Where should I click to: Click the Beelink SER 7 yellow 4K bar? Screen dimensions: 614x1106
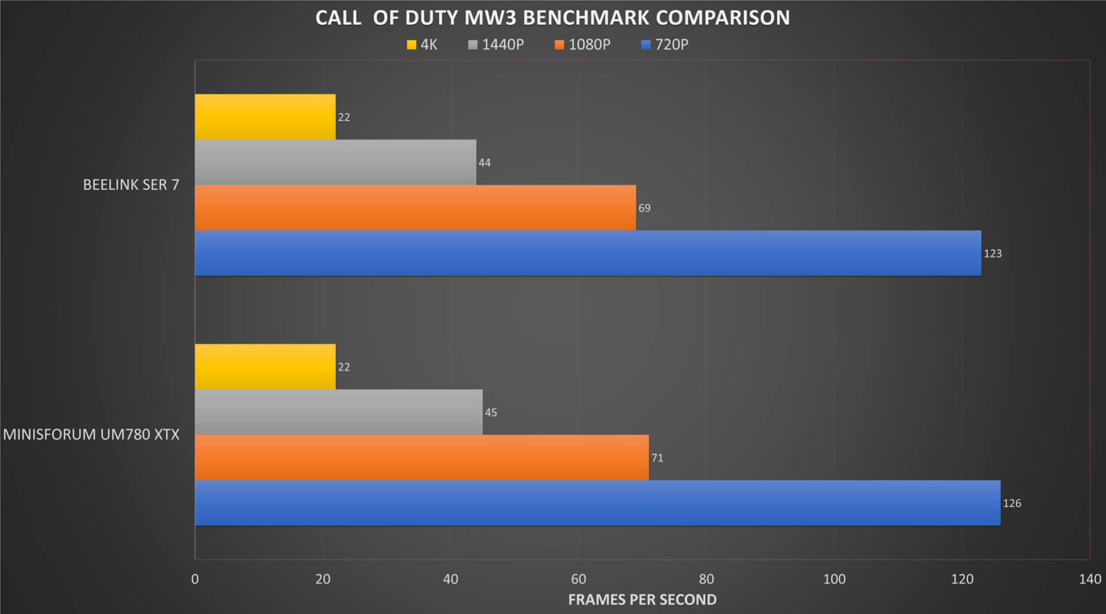click(x=265, y=117)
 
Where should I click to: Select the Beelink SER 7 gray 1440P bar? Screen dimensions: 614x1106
click(x=335, y=162)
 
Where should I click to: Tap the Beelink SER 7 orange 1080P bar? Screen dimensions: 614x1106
click(x=415, y=207)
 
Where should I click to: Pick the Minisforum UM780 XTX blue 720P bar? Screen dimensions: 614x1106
click(x=597, y=503)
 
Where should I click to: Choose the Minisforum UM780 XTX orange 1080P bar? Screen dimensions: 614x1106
click(x=422, y=458)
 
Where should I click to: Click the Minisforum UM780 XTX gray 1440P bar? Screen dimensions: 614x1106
click(x=339, y=412)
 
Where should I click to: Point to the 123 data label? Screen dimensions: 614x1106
click(x=993, y=253)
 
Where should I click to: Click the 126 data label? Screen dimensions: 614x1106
click(x=1012, y=503)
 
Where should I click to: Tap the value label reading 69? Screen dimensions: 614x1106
click(x=644, y=208)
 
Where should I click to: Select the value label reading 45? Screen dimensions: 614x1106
click(x=491, y=413)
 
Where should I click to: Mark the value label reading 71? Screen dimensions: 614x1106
click(x=657, y=458)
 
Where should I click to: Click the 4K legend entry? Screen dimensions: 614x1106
click(x=422, y=45)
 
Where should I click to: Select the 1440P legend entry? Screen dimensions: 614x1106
click(x=496, y=45)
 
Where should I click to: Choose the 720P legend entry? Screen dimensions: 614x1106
click(x=665, y=45)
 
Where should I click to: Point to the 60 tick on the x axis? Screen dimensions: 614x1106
click(x=579, y=579)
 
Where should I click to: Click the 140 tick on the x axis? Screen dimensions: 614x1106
click(x=1089, y=579)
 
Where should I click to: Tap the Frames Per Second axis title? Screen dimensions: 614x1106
click(x=642, y=599)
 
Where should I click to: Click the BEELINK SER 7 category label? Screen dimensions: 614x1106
click(x=131, y=185)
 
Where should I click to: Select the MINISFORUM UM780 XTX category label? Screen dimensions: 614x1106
click(x=91, y=434)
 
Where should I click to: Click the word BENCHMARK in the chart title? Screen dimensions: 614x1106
click(x=588, y=18)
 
